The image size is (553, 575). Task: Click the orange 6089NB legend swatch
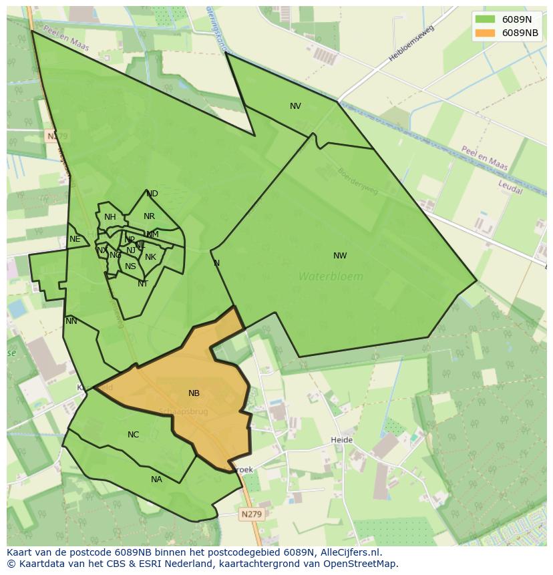486,33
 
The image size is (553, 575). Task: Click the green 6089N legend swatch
486,19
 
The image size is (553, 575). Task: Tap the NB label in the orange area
194,393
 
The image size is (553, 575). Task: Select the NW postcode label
340,256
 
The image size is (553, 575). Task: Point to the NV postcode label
295,106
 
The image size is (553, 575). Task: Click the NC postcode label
133,435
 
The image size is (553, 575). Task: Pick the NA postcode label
156,480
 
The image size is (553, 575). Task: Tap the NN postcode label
71,321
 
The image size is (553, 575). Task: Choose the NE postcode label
75,239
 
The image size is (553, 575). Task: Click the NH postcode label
110,217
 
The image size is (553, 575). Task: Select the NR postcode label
149,216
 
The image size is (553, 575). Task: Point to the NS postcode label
130,266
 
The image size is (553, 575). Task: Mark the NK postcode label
150,257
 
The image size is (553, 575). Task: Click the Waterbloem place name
331,276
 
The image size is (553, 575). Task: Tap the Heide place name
341,440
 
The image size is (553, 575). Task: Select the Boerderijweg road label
358,181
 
